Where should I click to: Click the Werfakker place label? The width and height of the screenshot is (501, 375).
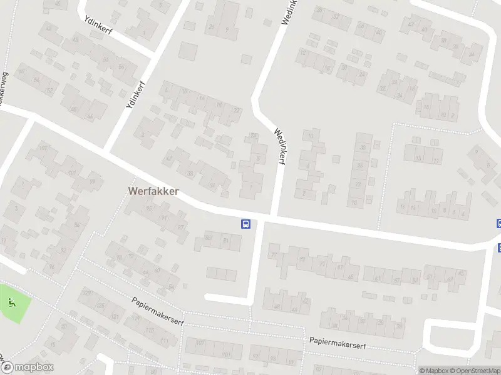coord(153,191)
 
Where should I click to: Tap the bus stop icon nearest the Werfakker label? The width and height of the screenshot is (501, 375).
coord(246,224)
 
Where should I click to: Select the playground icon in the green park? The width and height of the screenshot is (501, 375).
coord(12,303)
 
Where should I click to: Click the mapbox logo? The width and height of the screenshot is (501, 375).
coord(27,367)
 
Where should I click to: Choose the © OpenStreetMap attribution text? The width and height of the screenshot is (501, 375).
coord(475,371)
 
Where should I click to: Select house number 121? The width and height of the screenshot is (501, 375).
coord(115,317)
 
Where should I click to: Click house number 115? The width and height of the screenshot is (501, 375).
coord(149,329)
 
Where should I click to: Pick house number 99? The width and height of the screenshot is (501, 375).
coord(92,182)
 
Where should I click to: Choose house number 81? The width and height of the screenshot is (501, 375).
coord(226,240)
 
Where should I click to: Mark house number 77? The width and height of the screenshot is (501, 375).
coord(253,136)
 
